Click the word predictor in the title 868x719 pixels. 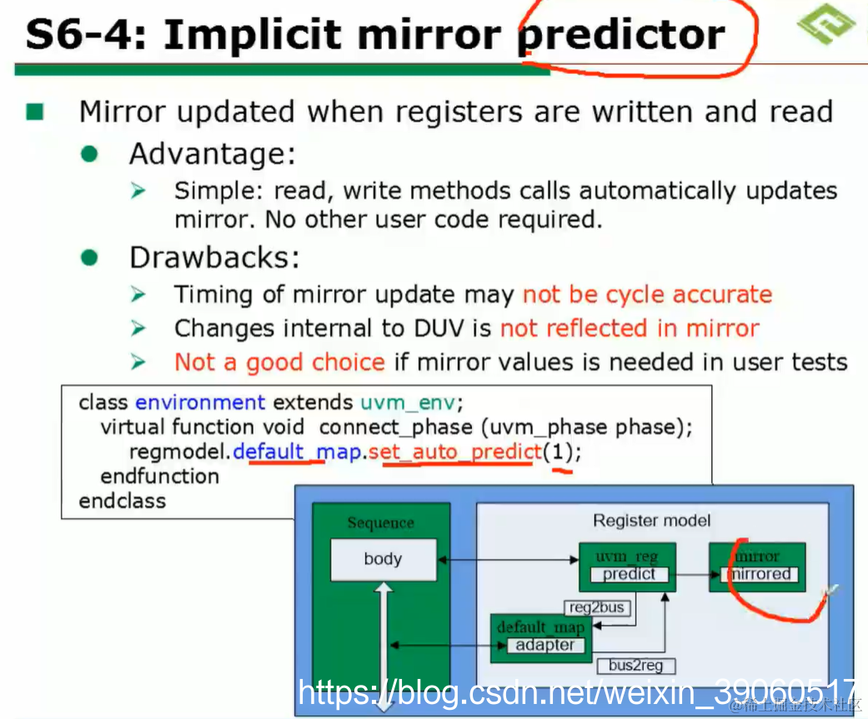[621, 35]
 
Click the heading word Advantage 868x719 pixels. [213, 154]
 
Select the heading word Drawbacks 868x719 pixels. [214, 257]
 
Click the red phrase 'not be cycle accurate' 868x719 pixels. [647, 295]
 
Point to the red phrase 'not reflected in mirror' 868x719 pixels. [630, 328]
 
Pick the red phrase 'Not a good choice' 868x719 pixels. [279, 362]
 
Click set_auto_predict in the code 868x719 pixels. [454, 452]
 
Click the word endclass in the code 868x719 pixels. [123, 501]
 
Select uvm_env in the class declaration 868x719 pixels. [408, 402]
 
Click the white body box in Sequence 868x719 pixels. [383, 559]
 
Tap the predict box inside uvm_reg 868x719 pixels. [629, 574]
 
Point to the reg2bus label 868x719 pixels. [597, 607]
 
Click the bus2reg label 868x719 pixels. [635, 665]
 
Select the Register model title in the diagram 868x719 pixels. [651, 521]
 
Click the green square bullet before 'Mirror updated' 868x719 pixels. [35, 112]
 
